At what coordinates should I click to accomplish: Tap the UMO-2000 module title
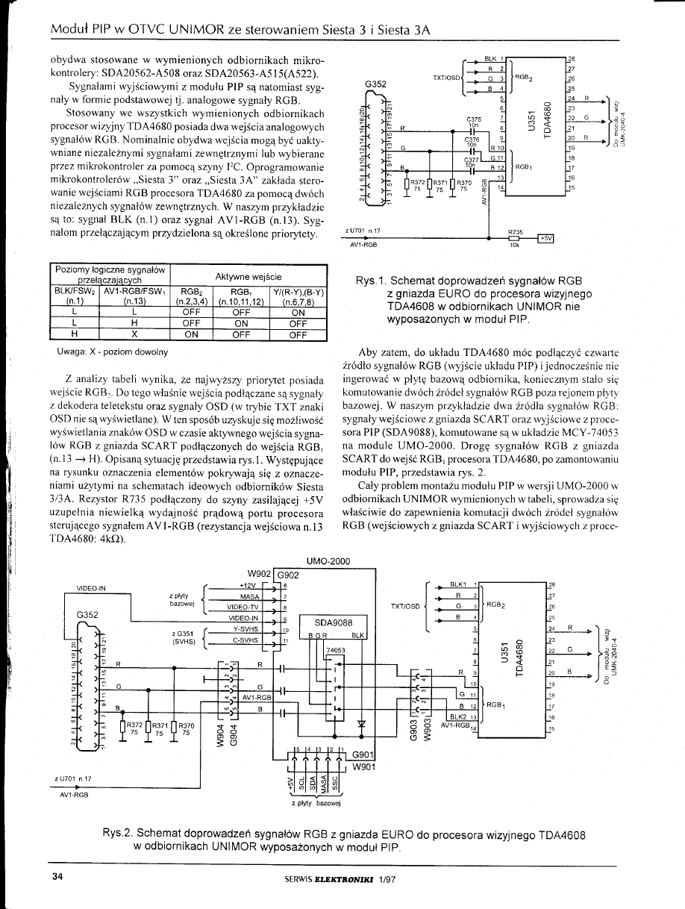328,561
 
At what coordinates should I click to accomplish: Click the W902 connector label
262,574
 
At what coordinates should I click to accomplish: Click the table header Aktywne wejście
248,277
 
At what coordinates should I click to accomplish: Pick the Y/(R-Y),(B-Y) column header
298,292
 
